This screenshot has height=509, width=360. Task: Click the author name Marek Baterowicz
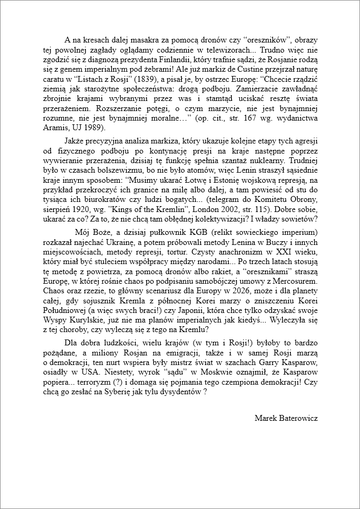click(x=286, y=418)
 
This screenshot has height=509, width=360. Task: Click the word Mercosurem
click(x=297, y=280)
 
